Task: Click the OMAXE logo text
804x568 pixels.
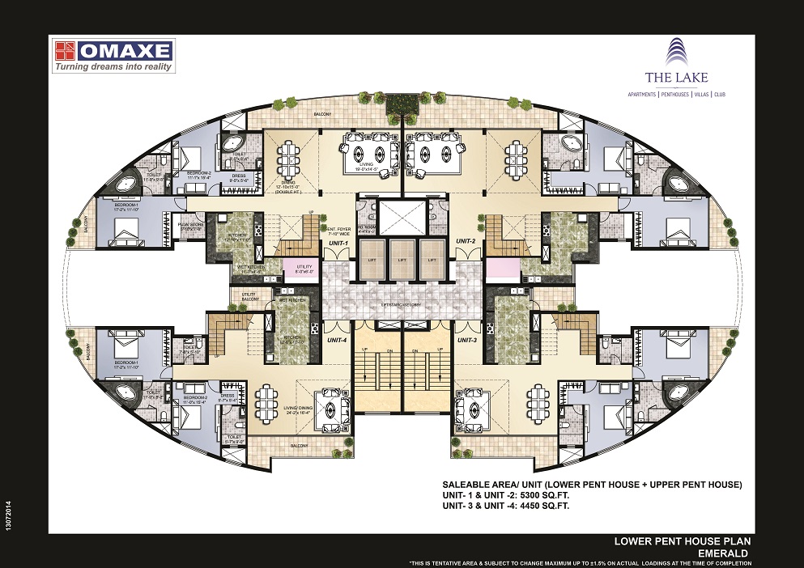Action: point(125,51)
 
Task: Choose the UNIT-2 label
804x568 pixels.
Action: point(465,241)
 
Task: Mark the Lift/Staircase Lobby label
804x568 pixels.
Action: point(402,303)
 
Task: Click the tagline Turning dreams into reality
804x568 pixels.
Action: point(113,67)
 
